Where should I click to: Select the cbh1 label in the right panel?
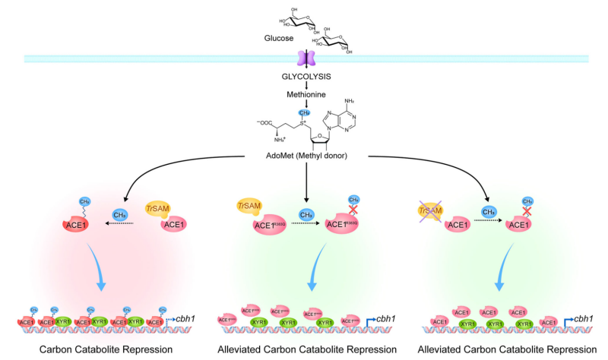pyautogui.click(x=584, y=317)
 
